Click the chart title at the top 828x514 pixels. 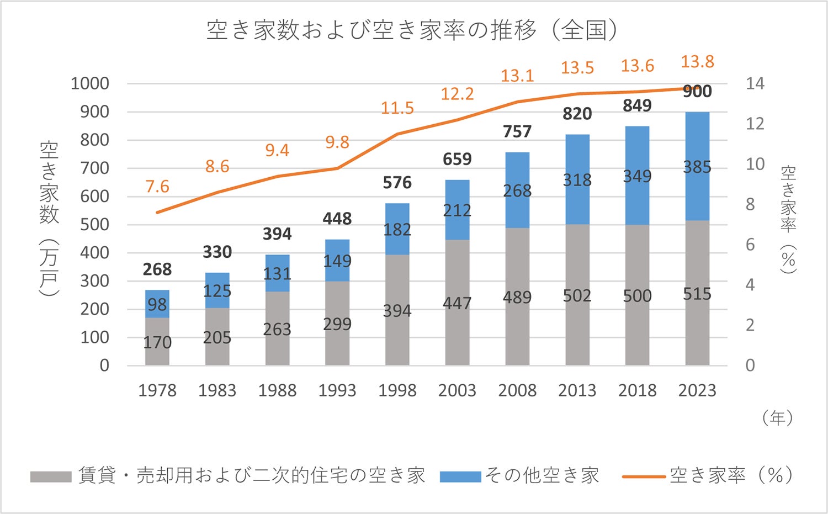[412, 30]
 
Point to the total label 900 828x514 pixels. [697, 92]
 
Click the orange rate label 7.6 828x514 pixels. [157, 187]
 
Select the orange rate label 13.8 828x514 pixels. [697, 62]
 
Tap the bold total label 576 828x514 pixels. [397, 183]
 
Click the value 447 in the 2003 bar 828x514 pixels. [457, 303]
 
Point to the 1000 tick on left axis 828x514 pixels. [90, 84]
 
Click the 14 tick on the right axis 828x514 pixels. [755, 84]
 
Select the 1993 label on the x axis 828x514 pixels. [337, 390]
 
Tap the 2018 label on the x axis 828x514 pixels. [637, 390]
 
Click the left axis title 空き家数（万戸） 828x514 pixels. [49, 219]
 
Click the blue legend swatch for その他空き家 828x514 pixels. [460, 476]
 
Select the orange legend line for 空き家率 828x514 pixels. [643, 476]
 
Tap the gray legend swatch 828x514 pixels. [51, 476]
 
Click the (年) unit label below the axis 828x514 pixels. [777, 418]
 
